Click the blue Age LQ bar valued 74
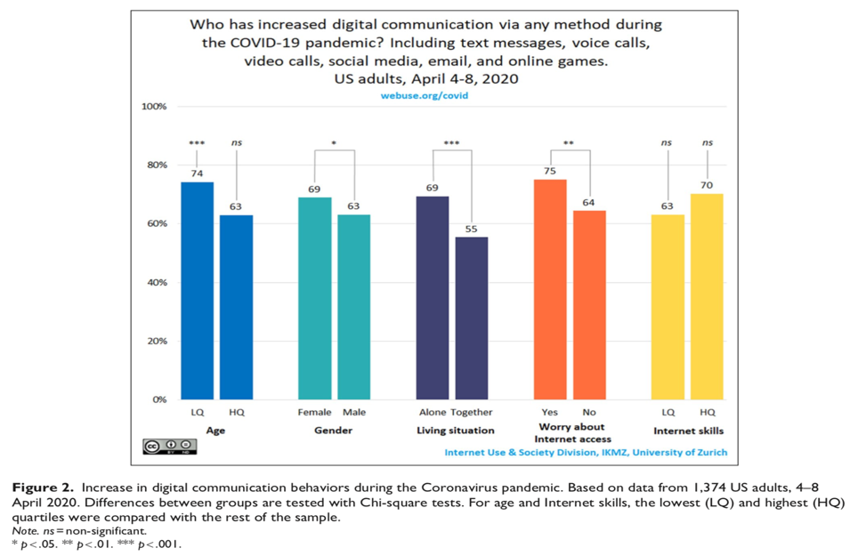(x=198, y=290)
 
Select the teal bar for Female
(x=313, y=298)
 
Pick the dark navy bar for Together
(x=471, y=318)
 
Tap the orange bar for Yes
(x=550, y=289)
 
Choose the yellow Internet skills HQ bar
(x=708, y=296)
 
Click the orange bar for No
(x=589, y=304)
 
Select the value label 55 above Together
(x=471, y=229)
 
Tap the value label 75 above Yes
(x=550, y=172)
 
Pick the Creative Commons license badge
(x=169, y=445)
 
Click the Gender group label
(x=334, y=431)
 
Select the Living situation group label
(x=452, y=431)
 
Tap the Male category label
(x=353, y=412)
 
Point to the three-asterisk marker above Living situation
(x=451, y=143)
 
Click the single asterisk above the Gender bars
(x=334, y=143)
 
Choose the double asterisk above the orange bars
(x=570, y=143)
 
